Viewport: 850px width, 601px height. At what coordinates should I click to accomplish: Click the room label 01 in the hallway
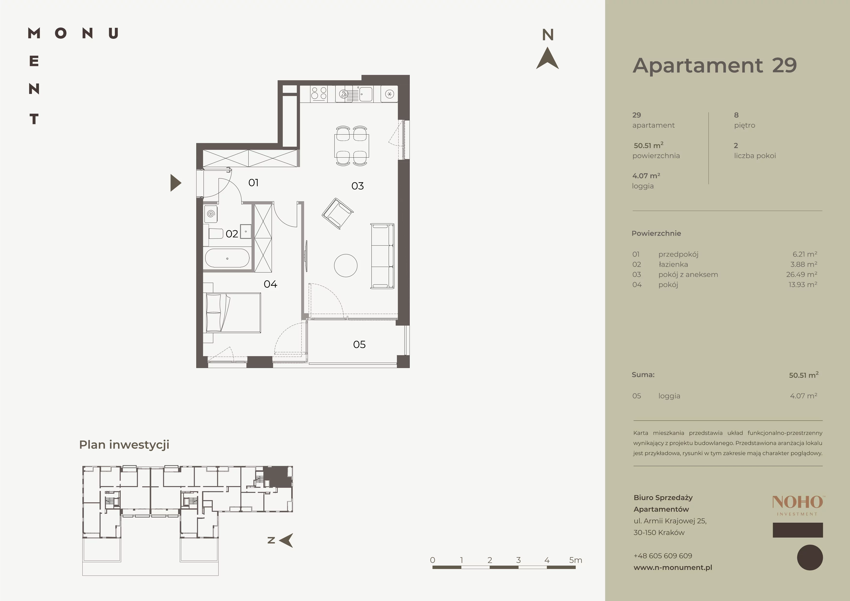point(253,183)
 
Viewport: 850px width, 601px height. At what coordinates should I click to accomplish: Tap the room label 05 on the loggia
point(359,344)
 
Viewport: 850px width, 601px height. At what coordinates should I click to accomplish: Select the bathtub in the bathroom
point(227,258)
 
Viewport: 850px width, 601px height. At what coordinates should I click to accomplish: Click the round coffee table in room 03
point(346,265)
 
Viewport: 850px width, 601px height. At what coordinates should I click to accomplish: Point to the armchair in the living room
point(337,214)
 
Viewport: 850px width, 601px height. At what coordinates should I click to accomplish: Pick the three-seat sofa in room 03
point(382,256)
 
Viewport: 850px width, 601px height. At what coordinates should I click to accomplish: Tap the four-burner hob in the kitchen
point(319,93)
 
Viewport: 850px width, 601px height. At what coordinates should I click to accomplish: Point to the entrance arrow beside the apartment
point(175,183)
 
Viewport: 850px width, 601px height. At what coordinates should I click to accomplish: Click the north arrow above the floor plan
point(548,58)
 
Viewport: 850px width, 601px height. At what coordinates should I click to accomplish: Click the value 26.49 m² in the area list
point(802,274)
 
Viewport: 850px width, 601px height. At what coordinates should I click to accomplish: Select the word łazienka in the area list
point(673,264)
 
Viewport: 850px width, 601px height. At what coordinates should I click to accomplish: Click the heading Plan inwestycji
point(124,445)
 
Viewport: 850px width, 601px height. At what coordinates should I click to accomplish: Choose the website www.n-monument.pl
point(673,567)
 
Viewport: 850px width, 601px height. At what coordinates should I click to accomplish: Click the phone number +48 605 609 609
point(663,555)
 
